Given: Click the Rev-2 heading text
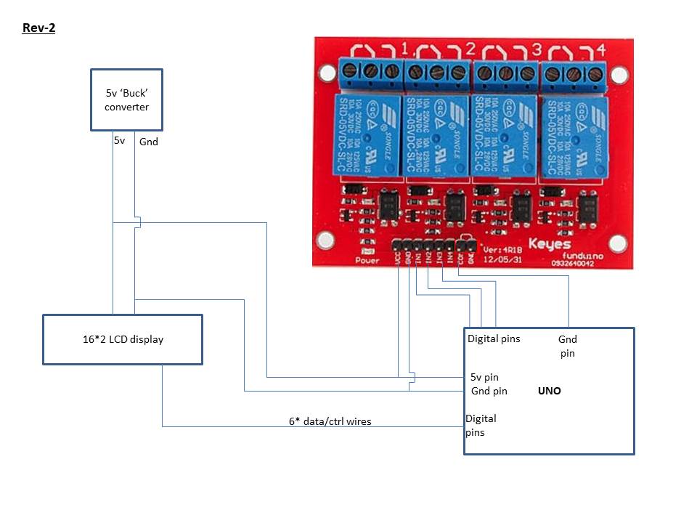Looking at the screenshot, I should (x=39, y=28).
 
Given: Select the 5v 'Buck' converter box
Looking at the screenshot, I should (x=126, y=100).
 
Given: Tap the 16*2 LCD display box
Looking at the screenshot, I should (x=123, y=339).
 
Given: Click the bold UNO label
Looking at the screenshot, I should (x=550, y=391).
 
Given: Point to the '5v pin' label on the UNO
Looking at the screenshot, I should (x=484, y=377).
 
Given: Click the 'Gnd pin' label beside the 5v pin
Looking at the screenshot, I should (x=489, y=391).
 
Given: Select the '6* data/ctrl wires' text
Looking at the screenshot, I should (x=330, y=421).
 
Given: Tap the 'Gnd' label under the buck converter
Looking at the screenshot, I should (x=149, y=142).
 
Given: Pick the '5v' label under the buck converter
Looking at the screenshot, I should (x=120, y=140).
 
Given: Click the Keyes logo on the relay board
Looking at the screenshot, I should (x=550, y=245).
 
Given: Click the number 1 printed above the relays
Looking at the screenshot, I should (x=404, y=50).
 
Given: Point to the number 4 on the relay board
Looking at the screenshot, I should (x=601, y=50).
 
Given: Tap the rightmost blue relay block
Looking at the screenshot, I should (x=574, y=138).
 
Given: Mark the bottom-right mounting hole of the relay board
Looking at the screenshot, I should (x=618, y=243).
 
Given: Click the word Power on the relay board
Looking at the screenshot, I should (x=367, y=260).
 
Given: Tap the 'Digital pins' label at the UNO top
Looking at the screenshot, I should (x=494, y=338).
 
